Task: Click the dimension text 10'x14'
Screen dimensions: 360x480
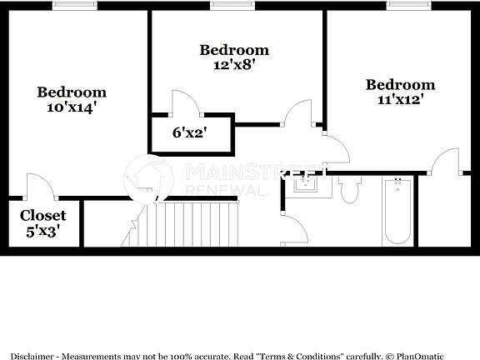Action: tap(72, 107)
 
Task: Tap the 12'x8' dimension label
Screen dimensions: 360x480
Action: tap(233, 65)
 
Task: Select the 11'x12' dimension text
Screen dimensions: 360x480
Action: tap(400, 99)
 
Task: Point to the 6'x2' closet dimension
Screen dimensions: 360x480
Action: tap(189, 132)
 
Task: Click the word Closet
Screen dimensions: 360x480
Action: tap(43, 215)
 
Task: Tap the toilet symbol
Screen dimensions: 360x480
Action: tap(349, 190)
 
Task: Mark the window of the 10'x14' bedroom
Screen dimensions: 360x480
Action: tap(74, 6)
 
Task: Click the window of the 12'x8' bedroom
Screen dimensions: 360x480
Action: tap(232, 6)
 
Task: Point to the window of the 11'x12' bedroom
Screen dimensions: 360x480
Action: tap(408, 6)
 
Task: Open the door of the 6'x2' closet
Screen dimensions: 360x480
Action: tap(185, 103)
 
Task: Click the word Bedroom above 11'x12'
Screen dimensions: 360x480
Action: tap(400, 84)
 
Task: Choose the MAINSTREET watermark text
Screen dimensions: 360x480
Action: tap(250, 172)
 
